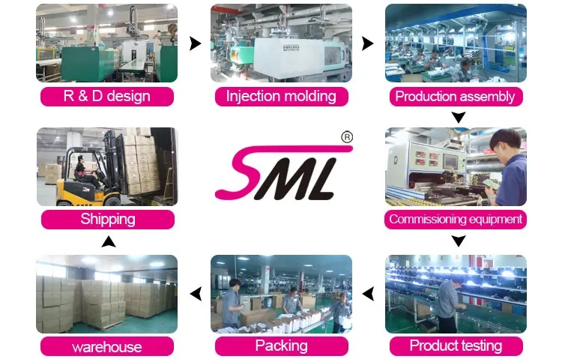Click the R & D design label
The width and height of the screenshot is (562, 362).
pyautogui.click(x=106, y=96)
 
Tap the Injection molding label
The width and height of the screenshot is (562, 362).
pyautogui.click(x=281, y=96)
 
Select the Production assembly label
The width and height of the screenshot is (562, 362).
pyautogui.click(x=455, y=96)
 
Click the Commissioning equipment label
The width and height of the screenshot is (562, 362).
pyautogui.click(x=455, y=219)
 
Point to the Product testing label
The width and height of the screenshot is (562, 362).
pyautogui.click(x=455, y=346)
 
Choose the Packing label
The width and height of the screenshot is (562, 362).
pyautogui.click(x=281, y=346)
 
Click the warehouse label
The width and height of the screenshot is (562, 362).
pyautogui.click(x=106, y=346)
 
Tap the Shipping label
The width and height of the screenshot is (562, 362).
pyautogui.click(x=108, y=219)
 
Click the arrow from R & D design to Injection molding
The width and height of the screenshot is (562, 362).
pyautogui.click(x=195, y=43)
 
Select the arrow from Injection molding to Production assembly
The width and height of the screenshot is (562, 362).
pyautogui.click(x=367, y=43)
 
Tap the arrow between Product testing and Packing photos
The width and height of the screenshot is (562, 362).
pyautogui.click(x=368, y=294)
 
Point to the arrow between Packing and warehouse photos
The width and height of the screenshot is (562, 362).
pyautogui.click(x=196, y=294)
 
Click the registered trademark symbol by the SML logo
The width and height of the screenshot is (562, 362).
pyautogui.click(x=347, y=137)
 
